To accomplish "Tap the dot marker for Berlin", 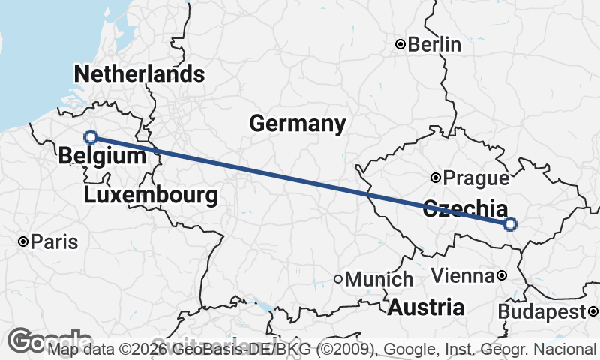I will click(400, 45).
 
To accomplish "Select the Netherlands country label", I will click(139, 73).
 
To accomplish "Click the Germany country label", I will click(298, 124).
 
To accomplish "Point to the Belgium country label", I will click(101, 156).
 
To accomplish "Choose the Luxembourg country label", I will click(151, 196).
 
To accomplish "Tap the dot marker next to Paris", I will click(23, 241).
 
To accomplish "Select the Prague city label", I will click(475, 178).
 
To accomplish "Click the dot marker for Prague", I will click(436, 178).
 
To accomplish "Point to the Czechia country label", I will click(465, 209).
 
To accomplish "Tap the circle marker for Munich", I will click(338, 279).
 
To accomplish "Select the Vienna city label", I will click(462, 276).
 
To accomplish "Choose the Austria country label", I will click(426, 307).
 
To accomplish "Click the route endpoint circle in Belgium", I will click(91, 136).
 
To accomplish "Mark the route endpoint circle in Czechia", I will click(510, 223).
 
